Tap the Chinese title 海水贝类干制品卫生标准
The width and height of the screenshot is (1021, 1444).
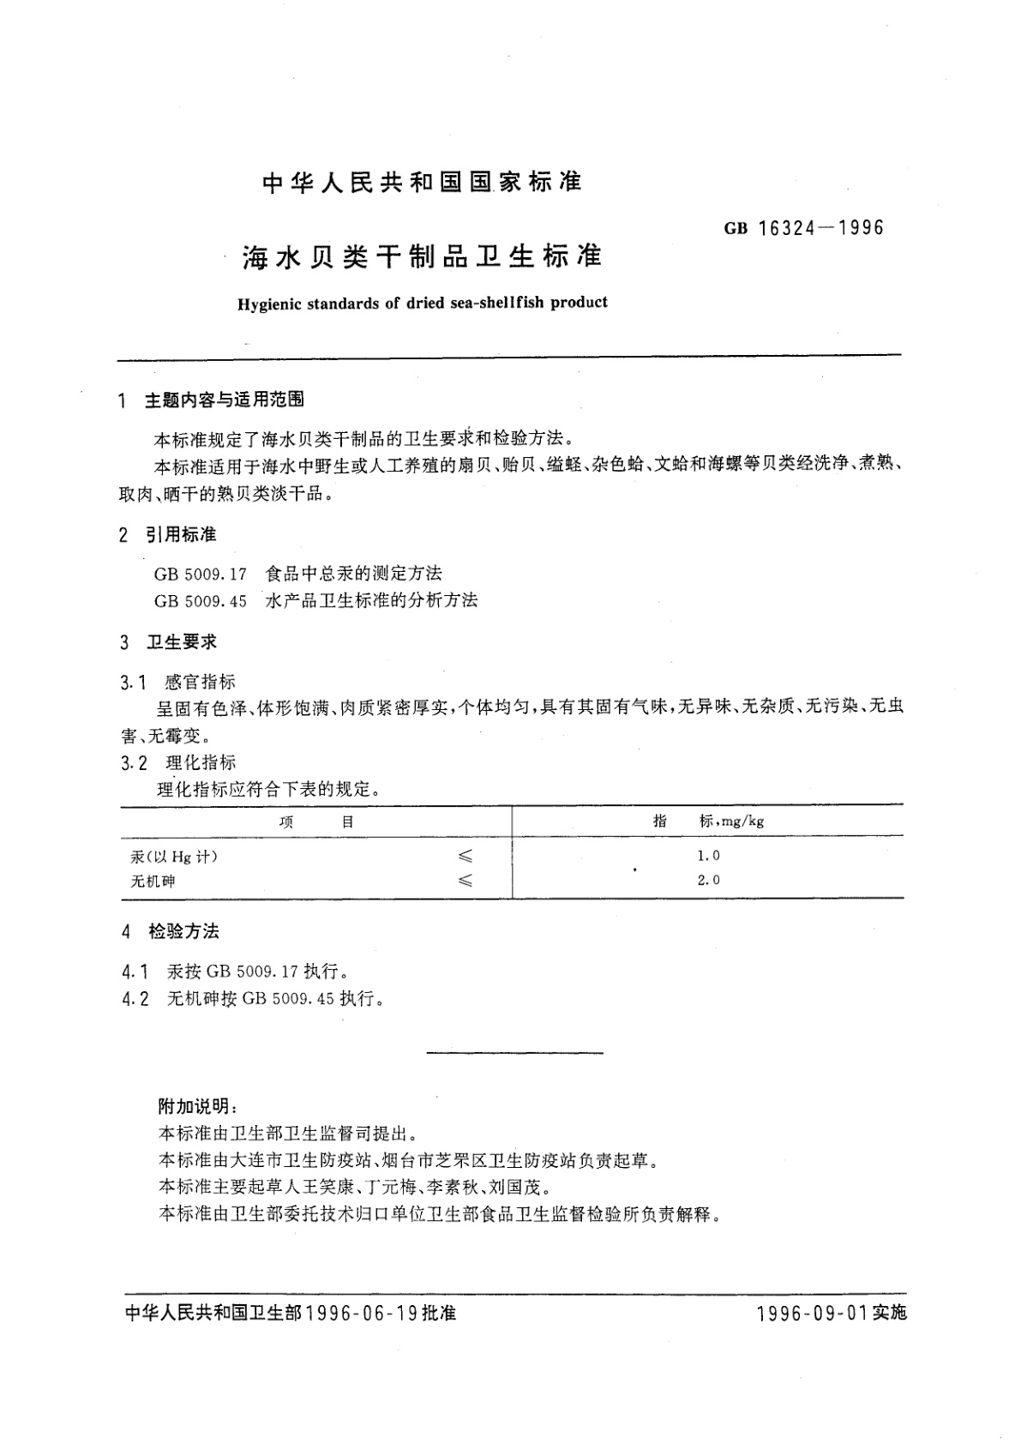click(x=423, y=256)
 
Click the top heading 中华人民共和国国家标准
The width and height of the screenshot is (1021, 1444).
click(x=422, y=182)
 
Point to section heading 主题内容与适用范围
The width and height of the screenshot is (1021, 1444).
click(x=224, y=400)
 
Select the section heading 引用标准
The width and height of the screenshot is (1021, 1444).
click(x=180, y=535)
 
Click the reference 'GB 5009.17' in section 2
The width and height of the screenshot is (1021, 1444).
click(x=201, y=574)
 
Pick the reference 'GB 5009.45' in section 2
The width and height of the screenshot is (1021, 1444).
click(x=201, y=601)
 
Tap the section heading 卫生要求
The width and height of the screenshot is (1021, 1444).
click(x=181, y=642)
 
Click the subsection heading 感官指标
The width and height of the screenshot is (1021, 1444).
click(x=200, y=682)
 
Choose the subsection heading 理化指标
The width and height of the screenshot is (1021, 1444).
click(x=201, y=762)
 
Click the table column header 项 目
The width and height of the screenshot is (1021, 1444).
click(x=316, y=821)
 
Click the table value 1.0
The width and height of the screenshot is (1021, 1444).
click(x=708, y=856)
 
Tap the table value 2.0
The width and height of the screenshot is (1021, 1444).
click(x=708, y=880)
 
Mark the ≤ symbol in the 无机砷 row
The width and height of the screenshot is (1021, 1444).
click(x=465, y=881)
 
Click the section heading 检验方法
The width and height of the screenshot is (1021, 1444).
click(x=183, y=931)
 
